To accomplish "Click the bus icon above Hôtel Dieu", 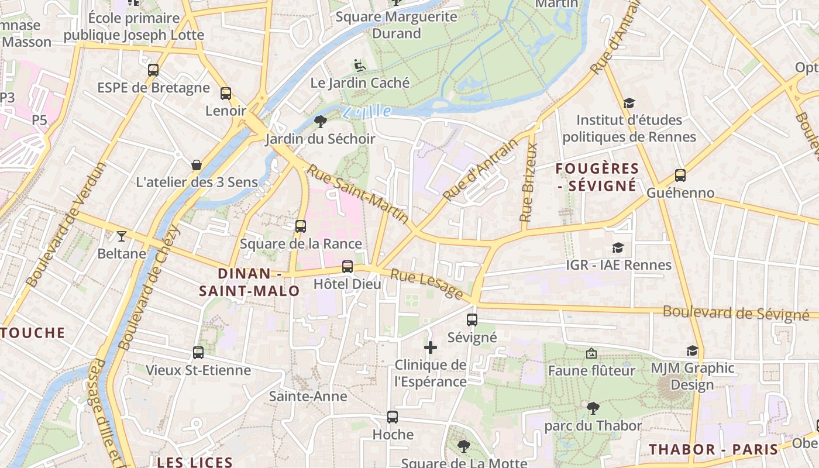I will (x=347, y=267).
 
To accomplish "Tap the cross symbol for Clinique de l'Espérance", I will (x=431, y=347).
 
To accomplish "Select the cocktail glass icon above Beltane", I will (x=121, y=236).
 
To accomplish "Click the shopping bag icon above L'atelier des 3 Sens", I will (x=197, y=165).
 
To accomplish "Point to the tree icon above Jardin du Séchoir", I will (x=320, y=121).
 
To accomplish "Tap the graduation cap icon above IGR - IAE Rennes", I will (x=618, y=247).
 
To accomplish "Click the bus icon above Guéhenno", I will (x=680, y=175).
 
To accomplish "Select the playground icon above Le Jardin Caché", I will (x=360, y=66).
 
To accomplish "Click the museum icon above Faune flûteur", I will (x=591, y=353).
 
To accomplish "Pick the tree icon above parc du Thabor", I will (x=593, y=408).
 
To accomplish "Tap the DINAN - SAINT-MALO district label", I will (x=250, y=282).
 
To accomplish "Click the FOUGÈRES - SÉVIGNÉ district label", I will (x=597, y=177).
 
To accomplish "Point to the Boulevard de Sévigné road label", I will (x=736, y=314).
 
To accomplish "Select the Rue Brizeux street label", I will (x=528, y=183).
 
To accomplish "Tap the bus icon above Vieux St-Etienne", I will (x=198, y=353).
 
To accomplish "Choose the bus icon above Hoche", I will (x=393, y=417).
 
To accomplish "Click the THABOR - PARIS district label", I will (x=714, y=449).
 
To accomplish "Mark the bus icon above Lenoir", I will (x=226, y=93).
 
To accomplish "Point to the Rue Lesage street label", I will (x=427, y=284).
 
